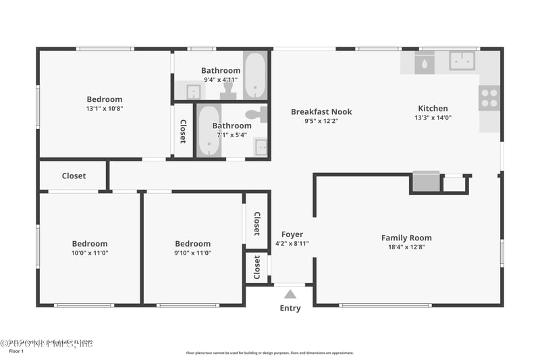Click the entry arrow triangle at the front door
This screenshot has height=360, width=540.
[x=290, y=294]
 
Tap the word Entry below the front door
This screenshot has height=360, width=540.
[x=290, y=309]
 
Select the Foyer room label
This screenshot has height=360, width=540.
[x=292, y=234]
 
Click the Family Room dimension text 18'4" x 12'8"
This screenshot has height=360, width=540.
[x=406, y=247]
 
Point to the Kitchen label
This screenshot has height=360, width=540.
[x=433, y=108]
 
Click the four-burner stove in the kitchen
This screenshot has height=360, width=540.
[x=489, y=98]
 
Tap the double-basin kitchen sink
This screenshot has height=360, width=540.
[x=462, y=61]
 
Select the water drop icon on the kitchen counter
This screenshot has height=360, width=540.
[x=425, y=64]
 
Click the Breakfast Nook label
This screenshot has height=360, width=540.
[x=321, y=112]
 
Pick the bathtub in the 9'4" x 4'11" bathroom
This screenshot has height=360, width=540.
[x=254, y=75]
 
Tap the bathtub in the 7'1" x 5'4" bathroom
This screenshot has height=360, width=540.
[x=209, y=130]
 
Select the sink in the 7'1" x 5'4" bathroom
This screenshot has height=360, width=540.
[x=260, y=147]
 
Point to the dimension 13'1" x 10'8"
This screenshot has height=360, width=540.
[x=105, y=108]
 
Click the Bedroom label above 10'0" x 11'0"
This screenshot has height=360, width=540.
[x=90, y=244]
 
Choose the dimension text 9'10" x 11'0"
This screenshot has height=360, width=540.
[x=193, y=253]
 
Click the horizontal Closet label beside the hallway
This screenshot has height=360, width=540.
[x=74, y=176]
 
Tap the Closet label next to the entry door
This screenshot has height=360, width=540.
[x=257, y=267]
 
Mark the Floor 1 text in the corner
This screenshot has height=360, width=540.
[x=16, y=351]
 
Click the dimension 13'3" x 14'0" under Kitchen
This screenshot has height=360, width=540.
[x=433, y=117]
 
